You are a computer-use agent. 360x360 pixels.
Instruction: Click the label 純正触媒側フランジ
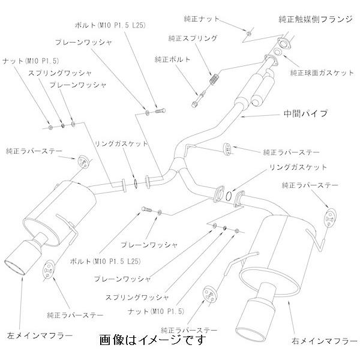tap(316, 19)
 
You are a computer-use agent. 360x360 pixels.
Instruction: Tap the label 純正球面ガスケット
tap(322, 73)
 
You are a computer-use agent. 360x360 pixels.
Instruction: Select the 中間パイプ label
tap(305, 113)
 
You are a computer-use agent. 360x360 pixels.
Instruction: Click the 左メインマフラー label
tap(40, 335)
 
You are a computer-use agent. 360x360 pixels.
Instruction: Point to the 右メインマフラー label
tap(325, 341)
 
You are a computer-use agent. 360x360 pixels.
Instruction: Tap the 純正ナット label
tap(202, 19)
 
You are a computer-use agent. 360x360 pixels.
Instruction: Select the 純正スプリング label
tap(193, 38)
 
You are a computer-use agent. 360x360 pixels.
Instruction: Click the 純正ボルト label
tap(172, 59)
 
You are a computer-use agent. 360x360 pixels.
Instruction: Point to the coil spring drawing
tap(214, 79)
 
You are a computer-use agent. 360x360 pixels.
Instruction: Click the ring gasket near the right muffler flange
tap(229, 195)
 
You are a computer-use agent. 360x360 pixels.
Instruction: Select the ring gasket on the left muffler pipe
tap(136, 182)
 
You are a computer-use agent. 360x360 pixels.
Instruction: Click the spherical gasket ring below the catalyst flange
tap(278, 52)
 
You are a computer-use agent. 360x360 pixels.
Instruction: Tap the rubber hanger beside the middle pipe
tap(227, 149)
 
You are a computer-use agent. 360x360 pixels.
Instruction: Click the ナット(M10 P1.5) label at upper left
tap(31, 61)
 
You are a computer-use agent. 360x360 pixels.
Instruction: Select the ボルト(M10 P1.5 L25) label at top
tap(110, 25)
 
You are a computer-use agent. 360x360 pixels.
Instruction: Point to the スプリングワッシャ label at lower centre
tap(137, 298)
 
